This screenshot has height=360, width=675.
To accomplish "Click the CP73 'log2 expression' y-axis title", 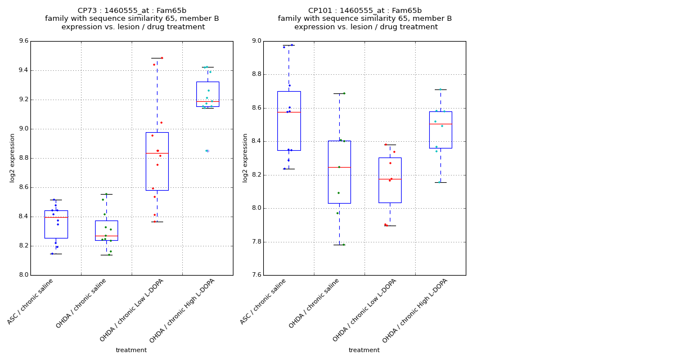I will pos(12,157).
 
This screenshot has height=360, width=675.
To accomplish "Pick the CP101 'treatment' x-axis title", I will pos(364,350).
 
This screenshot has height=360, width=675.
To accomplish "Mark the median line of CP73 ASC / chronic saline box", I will pos(56,217).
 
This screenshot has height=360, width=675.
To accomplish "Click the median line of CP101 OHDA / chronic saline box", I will pos(339,167).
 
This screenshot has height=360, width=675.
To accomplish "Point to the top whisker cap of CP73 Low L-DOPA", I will pos(157,58).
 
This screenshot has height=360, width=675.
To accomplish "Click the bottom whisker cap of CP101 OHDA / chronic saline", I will pos(339,245).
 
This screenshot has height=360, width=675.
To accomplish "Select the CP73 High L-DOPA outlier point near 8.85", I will pos(207,151).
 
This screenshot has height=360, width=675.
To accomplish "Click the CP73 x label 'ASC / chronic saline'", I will pos(31,301).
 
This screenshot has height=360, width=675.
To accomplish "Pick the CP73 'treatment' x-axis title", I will pos(131,350).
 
